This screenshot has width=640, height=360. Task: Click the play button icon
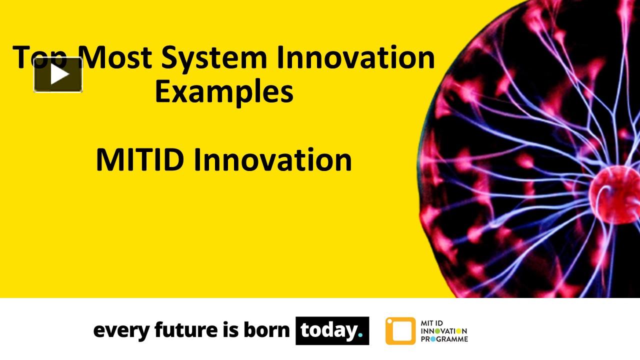[x=58, y=75]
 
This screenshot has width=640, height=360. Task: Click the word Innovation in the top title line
[x=354, y=57]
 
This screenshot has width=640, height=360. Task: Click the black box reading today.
[x=332, y=330]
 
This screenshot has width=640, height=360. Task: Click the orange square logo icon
[x=400, y=331]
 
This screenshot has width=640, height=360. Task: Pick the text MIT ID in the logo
[x=433, y=323]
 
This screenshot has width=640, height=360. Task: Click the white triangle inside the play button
[x=59, y=75]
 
